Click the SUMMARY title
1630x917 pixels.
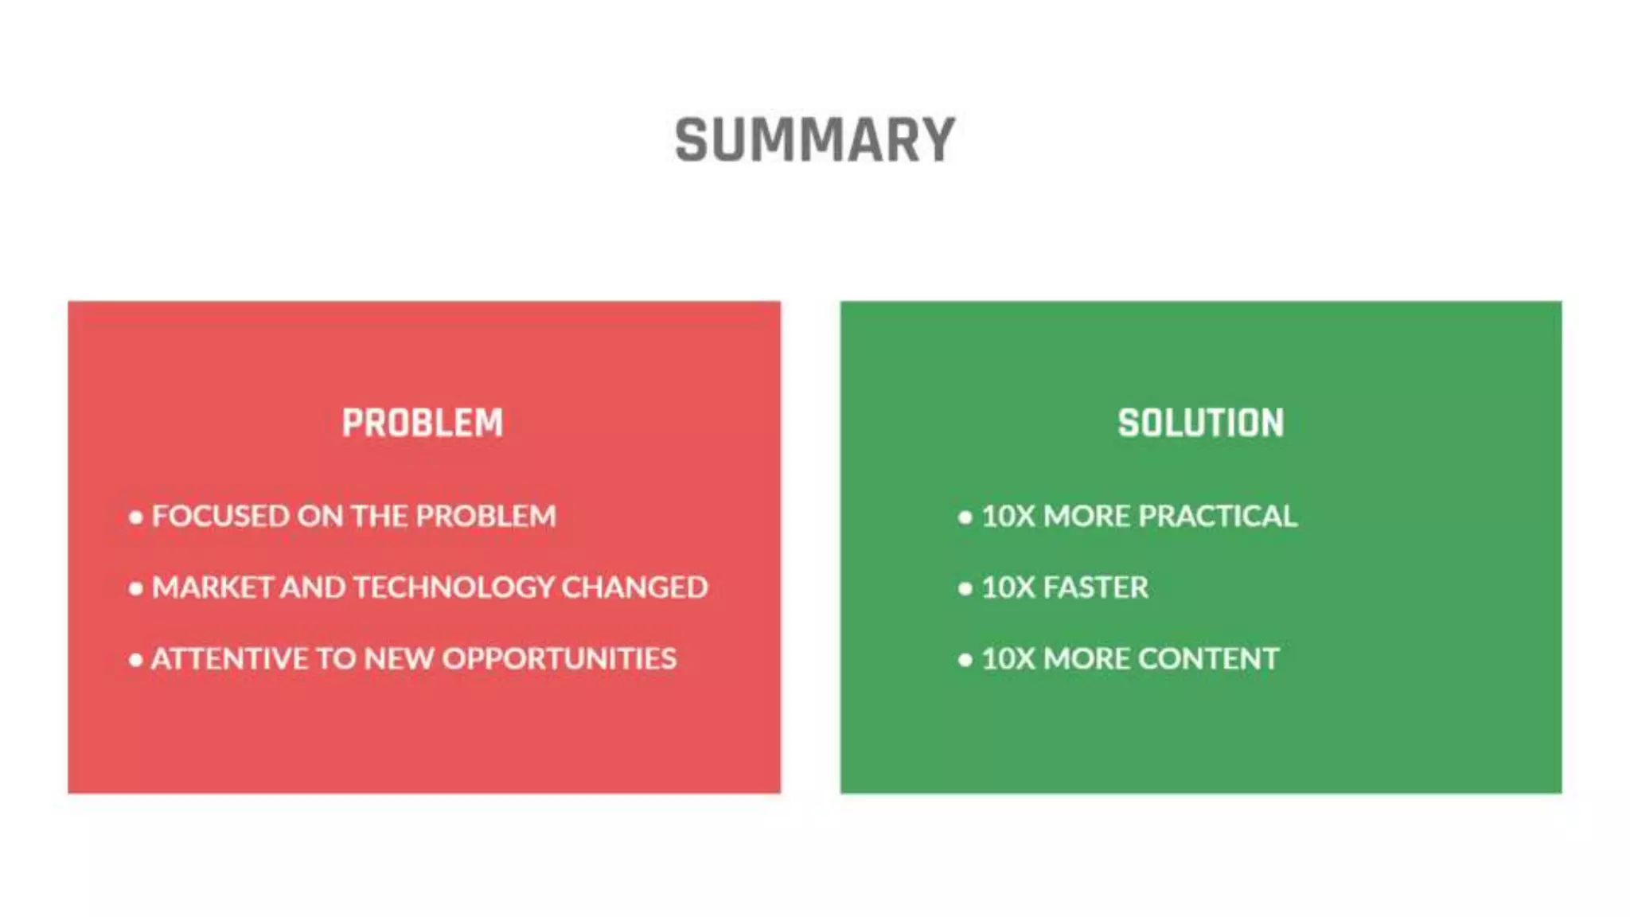tap(814, 140)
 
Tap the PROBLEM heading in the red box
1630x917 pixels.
tap(423, 423)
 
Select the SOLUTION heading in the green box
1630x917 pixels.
tap(1200, 423)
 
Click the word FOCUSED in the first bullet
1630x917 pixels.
tap(220, 516)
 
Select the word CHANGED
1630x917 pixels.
tap(634, 587)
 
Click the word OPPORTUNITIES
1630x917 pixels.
tap(559, 658)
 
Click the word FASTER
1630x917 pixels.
tap(1095, 587)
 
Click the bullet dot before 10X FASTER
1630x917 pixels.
tap(965, 589)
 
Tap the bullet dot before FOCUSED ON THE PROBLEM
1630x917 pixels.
tap(136, 517)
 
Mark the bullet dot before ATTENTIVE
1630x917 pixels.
tap(136, 660)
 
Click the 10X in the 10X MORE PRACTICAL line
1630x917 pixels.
tap(1008, 516)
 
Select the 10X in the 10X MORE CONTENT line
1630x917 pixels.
tap(1008, 658)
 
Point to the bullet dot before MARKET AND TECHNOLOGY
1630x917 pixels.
tap(136, 589)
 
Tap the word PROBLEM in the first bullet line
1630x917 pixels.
tap(485, 516)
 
